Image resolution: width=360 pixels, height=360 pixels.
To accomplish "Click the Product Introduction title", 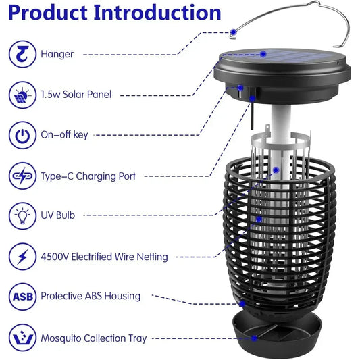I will coord(115,13).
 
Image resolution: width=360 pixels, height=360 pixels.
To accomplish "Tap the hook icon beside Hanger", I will coord(22,54).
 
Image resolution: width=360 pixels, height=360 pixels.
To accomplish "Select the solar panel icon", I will coord(22,95).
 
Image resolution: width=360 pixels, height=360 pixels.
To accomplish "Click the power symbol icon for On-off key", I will coord(22,135).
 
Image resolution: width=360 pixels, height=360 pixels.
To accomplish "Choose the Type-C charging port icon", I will coord(22,176).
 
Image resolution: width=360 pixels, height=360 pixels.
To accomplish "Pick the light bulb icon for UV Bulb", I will coord(22,215).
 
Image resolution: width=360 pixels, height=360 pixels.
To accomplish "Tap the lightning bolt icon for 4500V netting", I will coord(22,256).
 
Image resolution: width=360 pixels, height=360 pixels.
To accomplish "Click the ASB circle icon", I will coord(22,296).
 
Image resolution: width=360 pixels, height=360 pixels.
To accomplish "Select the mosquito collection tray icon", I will coord(22,337).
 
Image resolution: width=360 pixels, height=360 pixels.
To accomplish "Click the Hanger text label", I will coord(57,54).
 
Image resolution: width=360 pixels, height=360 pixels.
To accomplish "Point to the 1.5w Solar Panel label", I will coord(76,95).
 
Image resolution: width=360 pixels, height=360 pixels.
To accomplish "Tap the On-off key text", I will coord(64,135).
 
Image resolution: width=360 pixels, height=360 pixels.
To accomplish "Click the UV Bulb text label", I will coord(58,215).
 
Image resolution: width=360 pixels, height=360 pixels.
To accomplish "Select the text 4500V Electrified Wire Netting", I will coord(104,256).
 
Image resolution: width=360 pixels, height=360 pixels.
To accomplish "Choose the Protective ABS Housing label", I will coord(91,296).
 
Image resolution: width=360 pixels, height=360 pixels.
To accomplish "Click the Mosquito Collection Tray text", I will coord(93,338).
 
